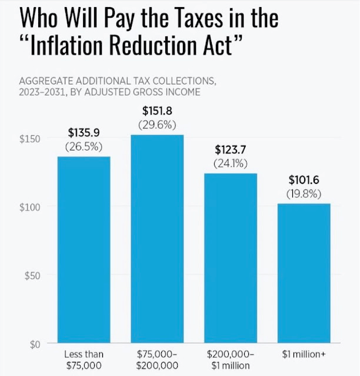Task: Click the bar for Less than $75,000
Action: (84, 250)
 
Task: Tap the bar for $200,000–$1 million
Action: (231, 258)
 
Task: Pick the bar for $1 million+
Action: (304, 273)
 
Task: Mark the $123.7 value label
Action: (231, 150)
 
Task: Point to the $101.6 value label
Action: (304, 181)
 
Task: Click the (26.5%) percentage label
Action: (84, 146)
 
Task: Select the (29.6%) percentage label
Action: (157, 125)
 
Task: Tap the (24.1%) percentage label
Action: (231, 163)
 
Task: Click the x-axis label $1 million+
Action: (304, 355)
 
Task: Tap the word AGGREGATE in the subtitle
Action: (48, 80)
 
